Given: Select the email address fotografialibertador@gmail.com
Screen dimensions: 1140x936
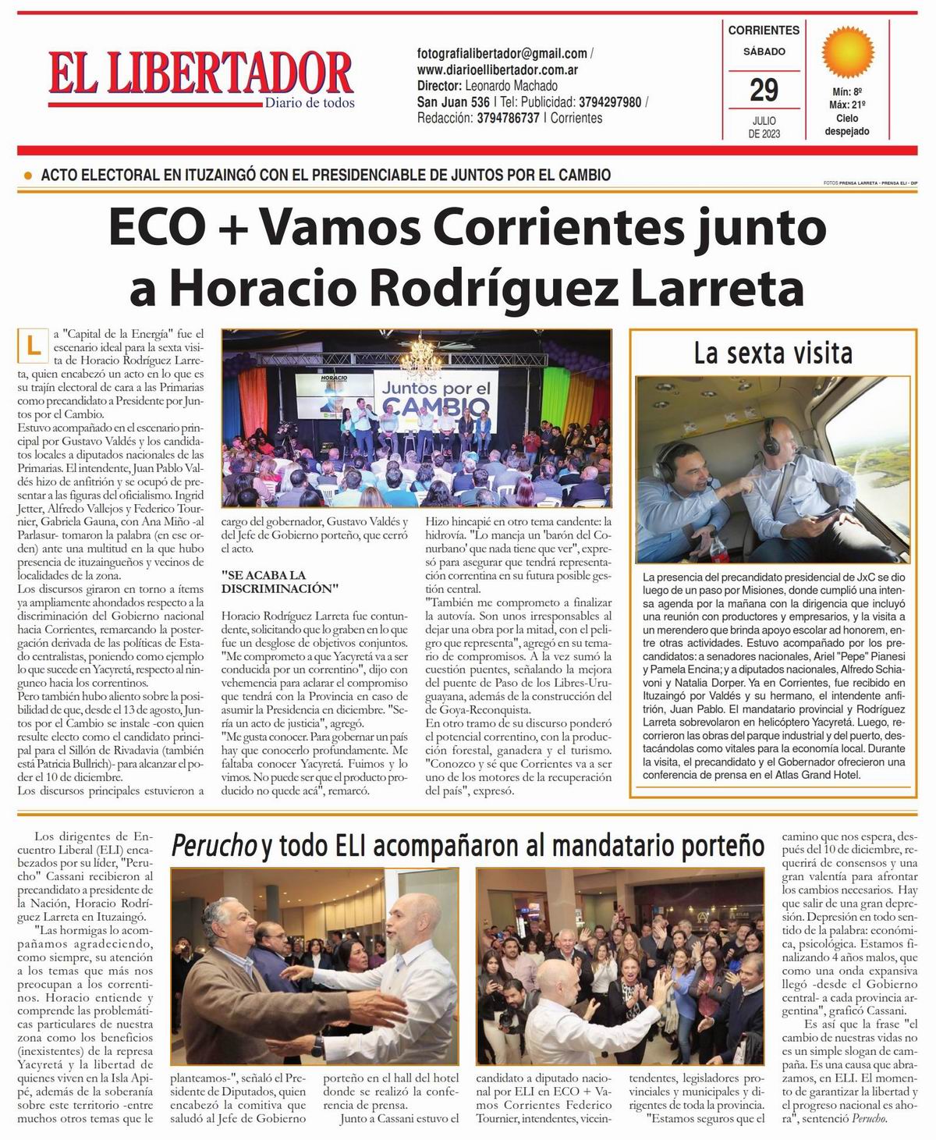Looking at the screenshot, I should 502,54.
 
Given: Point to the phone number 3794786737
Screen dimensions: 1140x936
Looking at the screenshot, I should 508,118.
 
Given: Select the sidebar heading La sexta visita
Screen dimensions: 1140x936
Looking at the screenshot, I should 773,353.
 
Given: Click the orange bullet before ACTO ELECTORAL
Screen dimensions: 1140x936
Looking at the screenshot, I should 29,176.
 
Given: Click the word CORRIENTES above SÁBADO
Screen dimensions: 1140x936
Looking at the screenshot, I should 764,30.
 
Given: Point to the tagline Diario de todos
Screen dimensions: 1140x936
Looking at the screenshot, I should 309,102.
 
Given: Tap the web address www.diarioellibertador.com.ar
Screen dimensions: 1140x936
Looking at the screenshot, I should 497,69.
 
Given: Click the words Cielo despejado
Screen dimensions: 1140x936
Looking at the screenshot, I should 847,125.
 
